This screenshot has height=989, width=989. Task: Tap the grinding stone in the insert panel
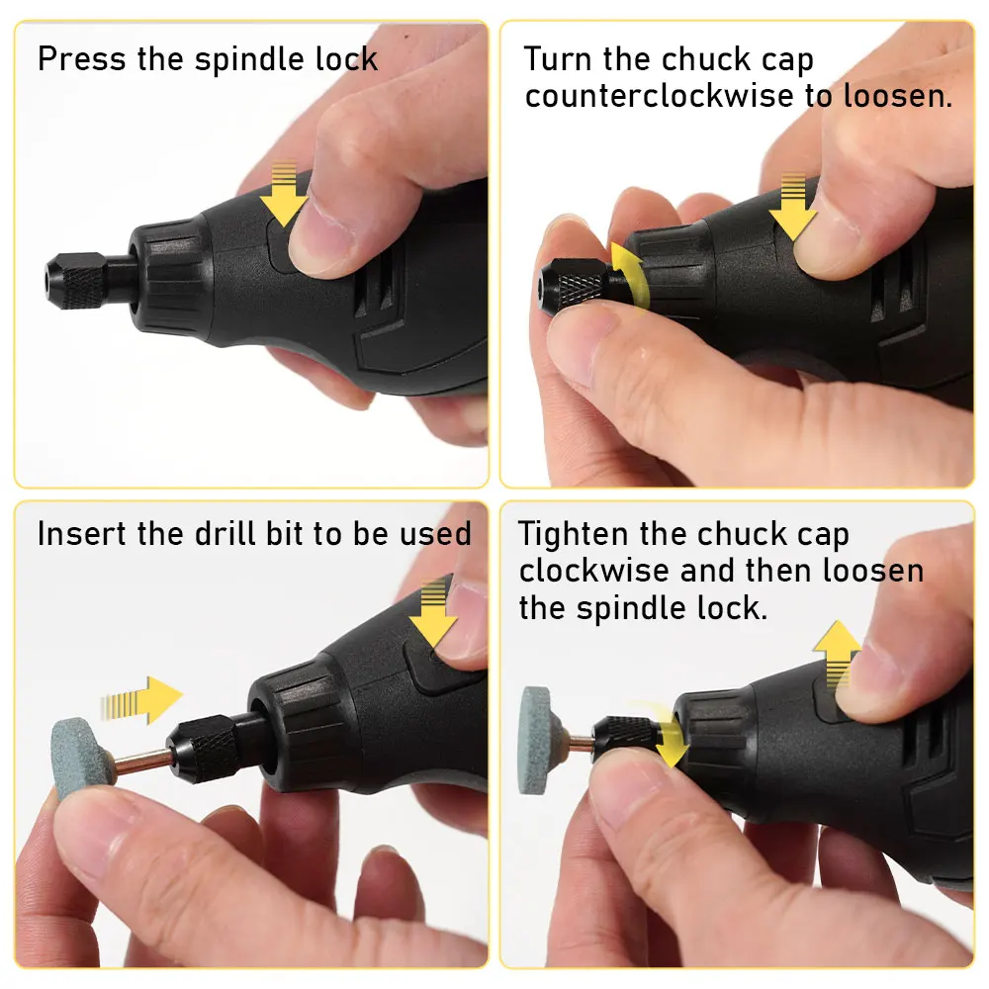pyautogui.click(x=75, y=758)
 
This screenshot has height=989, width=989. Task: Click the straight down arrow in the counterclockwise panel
pyautogui.click(x=793, y=206)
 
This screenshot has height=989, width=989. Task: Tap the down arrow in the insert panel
pyautogui.click(x=433, y=613)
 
